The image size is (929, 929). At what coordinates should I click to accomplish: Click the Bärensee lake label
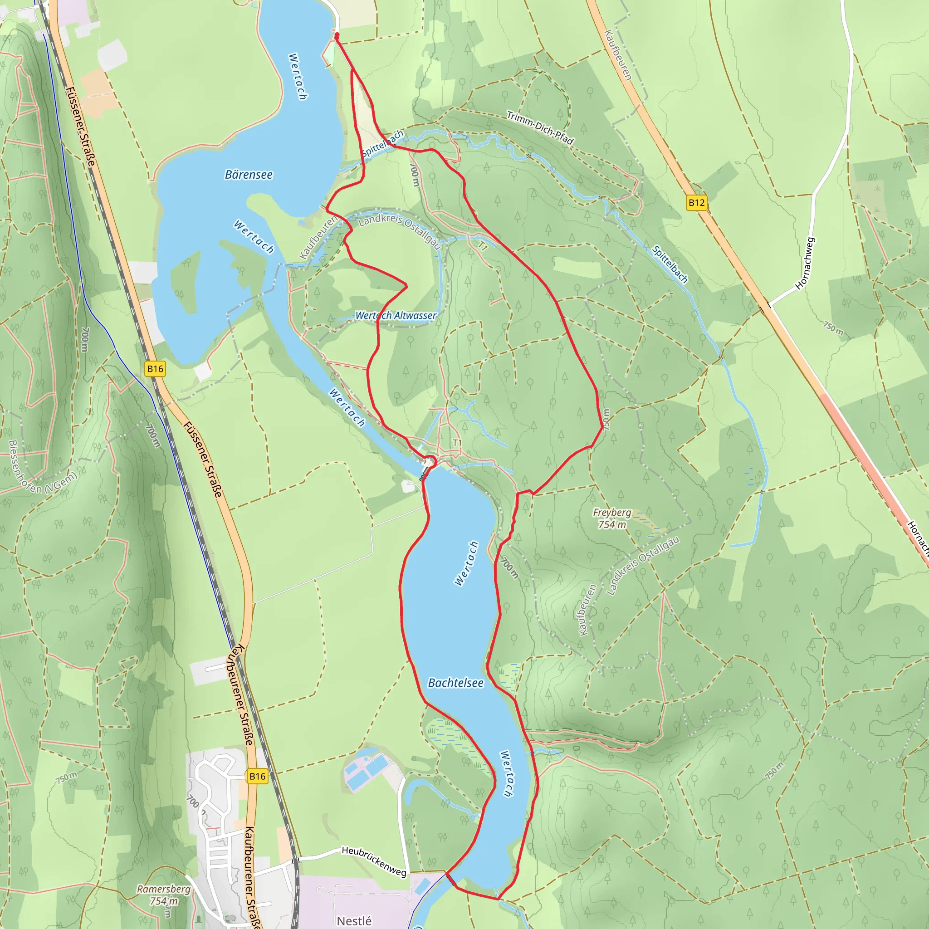tap(249, 175)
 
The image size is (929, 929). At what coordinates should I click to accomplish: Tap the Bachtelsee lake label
tap(455, 683)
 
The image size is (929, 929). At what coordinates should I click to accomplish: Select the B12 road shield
tap(696, 202)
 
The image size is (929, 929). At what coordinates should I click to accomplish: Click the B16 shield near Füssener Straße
tap(155, 369)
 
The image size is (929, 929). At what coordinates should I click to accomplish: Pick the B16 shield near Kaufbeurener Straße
tap(257, 776)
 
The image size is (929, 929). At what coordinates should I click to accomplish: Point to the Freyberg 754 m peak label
tap(611, 518)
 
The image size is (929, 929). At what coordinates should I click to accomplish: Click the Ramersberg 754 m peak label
tap(163, 895)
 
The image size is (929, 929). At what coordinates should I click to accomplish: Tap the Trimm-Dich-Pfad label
tap(540, 128)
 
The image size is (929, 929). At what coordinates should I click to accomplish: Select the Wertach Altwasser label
tap(396, 315)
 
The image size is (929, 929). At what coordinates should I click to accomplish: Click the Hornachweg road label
tap(805, 263)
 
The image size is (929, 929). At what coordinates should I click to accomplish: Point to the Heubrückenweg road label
tap(374, 861)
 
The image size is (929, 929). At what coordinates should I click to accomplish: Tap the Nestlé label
tap(354, 920)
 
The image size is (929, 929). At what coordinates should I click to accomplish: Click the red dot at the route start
tap(337, 35)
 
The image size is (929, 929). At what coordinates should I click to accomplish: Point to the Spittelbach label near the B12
tap(670, 264)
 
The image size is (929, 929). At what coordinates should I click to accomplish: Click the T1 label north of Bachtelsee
tap(457, 442)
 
